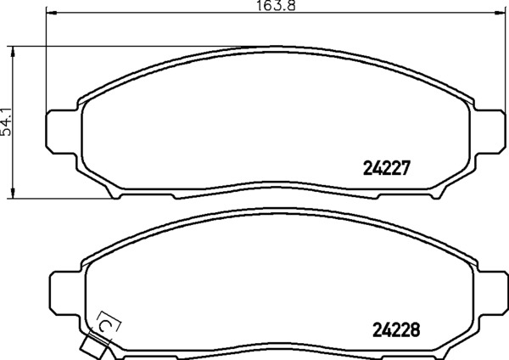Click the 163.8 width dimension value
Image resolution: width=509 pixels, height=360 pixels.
coord(277,6)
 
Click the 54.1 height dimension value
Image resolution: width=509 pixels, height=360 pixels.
coord(6,121)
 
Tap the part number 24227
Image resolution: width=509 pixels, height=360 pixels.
coord(387,168)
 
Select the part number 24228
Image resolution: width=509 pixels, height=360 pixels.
coord(396,329)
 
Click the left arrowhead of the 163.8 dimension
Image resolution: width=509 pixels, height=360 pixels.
coord(52,13)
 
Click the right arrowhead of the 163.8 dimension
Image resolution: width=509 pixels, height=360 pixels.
coord(500,13)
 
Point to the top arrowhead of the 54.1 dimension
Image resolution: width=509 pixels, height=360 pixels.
coord(13,52)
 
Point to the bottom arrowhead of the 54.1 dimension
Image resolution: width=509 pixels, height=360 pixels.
coord(13,193)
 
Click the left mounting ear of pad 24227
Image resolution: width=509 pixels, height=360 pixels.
coord(62,132)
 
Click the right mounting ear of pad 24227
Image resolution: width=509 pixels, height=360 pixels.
coord(489,132)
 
